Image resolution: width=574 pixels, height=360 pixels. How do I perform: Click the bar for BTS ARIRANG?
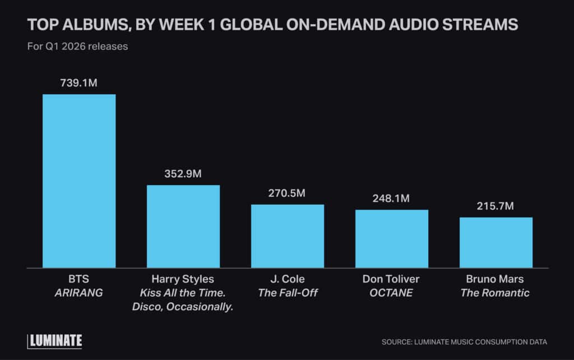pyautogui.click(x=79, y=181)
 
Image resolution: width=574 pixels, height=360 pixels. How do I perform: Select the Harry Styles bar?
pyautogui.click(x=183, y=226)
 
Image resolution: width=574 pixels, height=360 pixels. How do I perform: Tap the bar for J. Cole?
pyautogui.click(x=288, y=236)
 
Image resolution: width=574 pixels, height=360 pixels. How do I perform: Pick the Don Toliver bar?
pyautogui.click(x=392, y=238)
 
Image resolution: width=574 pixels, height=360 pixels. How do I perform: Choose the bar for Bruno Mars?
pyautogui.click(x=496, y=242)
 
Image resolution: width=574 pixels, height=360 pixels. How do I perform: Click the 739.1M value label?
pyautogui.click(x=79, y=83)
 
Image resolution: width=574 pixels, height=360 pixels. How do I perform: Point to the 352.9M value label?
pyautogui.click(x=183, y=174)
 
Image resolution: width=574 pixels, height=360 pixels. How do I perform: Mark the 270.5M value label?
pyautogui.click(x=288, y=193)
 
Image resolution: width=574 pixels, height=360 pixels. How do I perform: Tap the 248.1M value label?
pyautogui.click(x=392, y=199)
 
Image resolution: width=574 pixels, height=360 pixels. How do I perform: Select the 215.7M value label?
pyautogui.click(x=496, y=206)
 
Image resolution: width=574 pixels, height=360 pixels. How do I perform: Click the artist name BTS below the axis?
pyautogui.click(x=79, y=279)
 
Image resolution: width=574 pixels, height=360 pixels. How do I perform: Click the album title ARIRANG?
pyautogui.click(x=79, y=293)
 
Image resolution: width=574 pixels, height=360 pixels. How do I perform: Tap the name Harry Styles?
pyautogui.click(x=183, y=279)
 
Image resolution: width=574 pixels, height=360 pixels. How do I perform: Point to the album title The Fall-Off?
pyautogui.click(x=288, y=293)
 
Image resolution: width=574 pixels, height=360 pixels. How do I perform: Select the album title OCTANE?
pyautogui.click(x=392, y=293)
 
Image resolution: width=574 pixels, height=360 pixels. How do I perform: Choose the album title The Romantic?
pyautogui.click(x=496, y=293)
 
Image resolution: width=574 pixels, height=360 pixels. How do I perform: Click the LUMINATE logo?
pyautogui.click(x=55, y=340)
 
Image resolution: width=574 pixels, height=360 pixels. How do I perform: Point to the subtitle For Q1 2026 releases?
pyautogui.click(x=78, y=46)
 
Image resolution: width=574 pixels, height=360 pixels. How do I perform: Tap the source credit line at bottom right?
pyautogui.click(x=464, y=341)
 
